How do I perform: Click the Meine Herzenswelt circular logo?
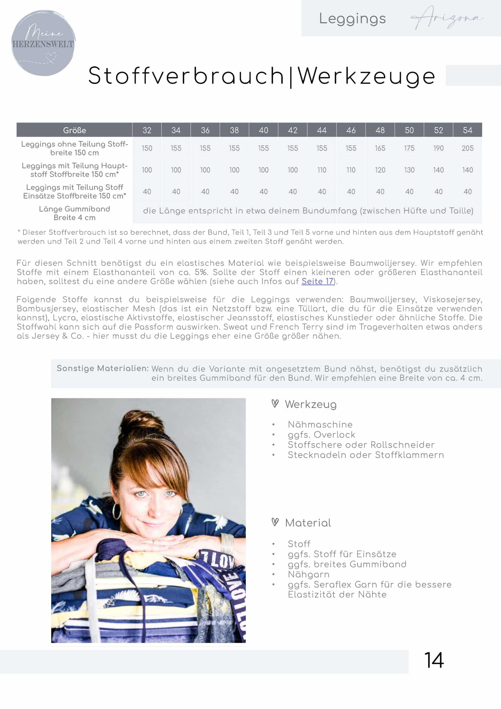point(43,43)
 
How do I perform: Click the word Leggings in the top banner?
point(352,19)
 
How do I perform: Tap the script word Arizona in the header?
point(447,18)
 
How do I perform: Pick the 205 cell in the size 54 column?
point(467,148)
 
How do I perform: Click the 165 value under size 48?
point(380,148)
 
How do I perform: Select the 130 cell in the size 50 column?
point(409,170)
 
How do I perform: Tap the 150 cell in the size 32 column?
point(147,148)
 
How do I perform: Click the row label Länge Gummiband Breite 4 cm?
point(74,213)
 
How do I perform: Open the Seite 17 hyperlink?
point(317,281)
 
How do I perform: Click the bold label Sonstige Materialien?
point(102,368)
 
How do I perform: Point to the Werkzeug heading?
point(311,404)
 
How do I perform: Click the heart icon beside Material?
point(275,522)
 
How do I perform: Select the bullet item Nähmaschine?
point(320,424)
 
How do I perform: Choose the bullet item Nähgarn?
point(308,574)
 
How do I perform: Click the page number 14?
point(434,661)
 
